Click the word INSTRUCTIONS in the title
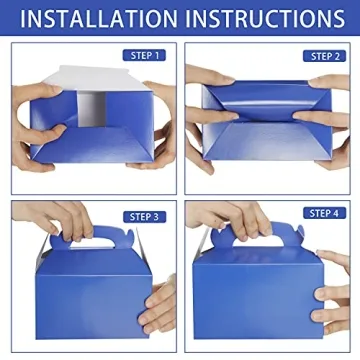click(264, 19)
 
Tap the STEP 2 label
click(323, 56)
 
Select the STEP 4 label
click(323, 215)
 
